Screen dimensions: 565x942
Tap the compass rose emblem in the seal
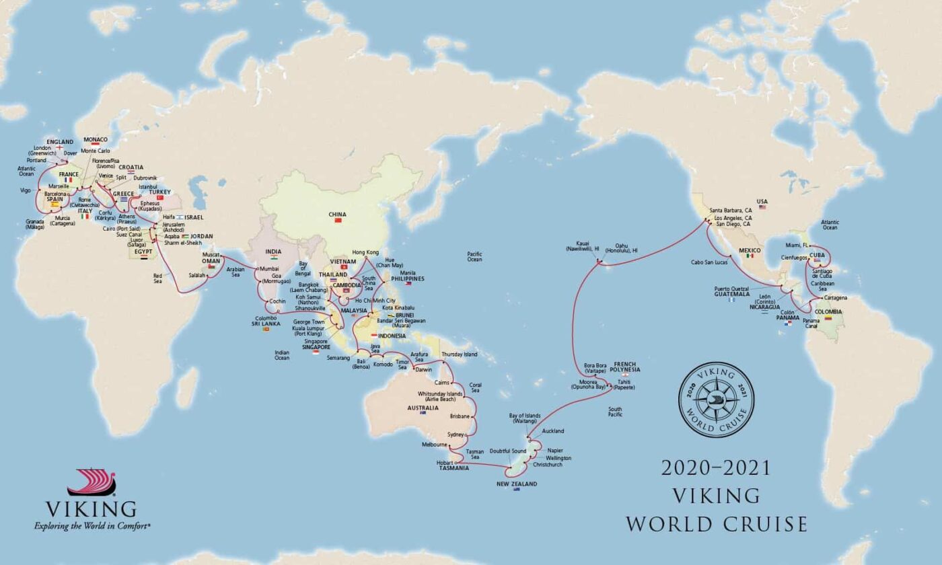coord(716,400)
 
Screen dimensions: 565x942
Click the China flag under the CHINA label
coord(338,221)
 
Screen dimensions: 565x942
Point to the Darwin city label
coord(424,369)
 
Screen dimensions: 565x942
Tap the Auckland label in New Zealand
coord(552,430)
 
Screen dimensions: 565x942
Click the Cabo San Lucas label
coord(711,262)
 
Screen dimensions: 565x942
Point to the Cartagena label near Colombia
coord(834,297)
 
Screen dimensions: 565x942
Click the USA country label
coord(762,200)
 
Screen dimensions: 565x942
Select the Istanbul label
coord(147,186)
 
